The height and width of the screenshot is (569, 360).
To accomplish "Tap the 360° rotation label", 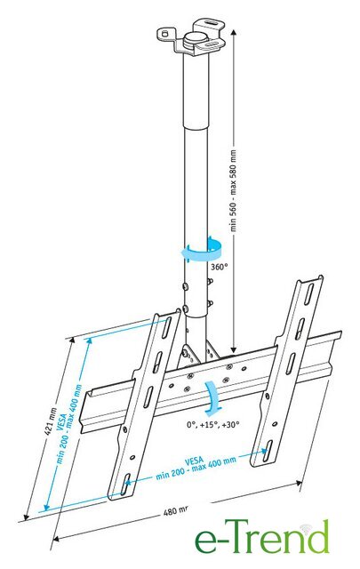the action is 219,267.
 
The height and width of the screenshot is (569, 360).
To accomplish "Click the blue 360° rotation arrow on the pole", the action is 202,251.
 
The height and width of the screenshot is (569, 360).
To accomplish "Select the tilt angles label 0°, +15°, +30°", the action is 213,424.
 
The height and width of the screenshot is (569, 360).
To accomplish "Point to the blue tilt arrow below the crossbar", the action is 212,398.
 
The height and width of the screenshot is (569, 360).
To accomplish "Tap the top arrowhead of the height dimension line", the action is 234,33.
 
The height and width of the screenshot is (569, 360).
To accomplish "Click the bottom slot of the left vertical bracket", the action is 126,484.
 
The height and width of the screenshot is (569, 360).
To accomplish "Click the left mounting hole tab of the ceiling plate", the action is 165,34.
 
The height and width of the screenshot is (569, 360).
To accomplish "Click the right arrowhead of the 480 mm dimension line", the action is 299,484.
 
